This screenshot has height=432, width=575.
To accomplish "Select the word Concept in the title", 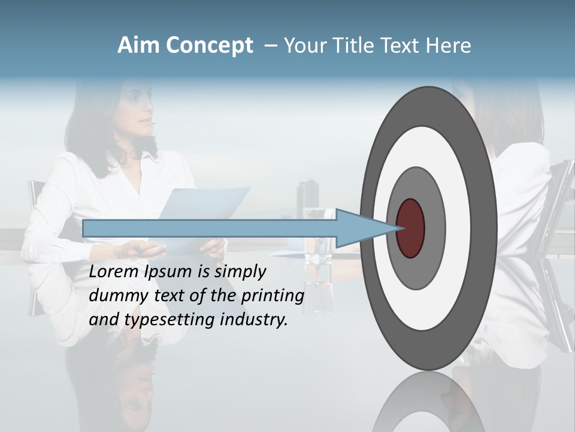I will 209,46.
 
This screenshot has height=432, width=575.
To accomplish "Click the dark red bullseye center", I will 411,229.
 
